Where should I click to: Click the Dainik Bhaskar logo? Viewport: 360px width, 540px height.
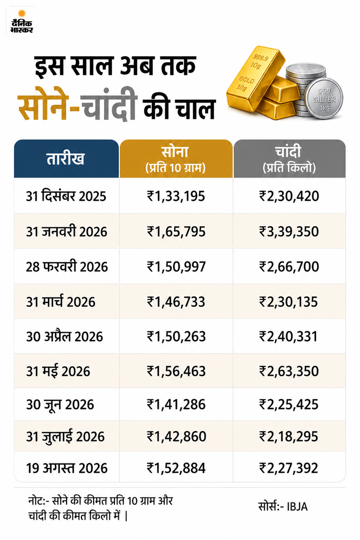click(x=21, y=22)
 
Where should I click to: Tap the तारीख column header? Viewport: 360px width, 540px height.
click(x=66, y=159)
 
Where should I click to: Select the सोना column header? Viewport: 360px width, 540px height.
click(x=176, y=159)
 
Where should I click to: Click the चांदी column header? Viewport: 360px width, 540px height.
click(x=289, y=159)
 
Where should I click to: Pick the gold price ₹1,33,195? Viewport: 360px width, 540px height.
click(x=176, y=196)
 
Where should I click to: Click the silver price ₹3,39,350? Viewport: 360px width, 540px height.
click(x=288, y=231)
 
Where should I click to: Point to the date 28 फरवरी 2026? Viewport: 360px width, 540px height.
click(x=67, y=267)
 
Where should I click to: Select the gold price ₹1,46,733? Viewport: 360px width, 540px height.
click(x=176, y=302)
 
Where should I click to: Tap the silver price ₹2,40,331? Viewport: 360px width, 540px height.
click(x=288, y=336)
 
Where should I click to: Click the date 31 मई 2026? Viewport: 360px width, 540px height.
click(x=58, y=371)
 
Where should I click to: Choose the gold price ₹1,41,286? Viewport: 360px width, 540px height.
click(x=176, y=404)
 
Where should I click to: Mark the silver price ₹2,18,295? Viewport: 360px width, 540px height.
click(x=288, y=436)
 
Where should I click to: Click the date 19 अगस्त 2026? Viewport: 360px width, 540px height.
click(x=67, y=468)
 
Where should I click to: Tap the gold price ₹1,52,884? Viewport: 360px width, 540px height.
click(x=176, y=468)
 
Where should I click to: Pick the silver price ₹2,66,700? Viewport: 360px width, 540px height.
click(x=288, y=267)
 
